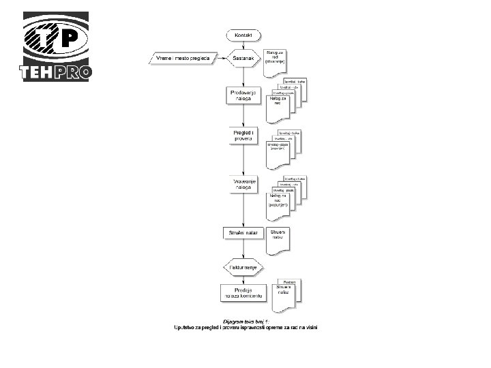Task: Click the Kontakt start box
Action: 243,35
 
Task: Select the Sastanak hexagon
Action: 243,59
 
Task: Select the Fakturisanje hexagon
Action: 243,268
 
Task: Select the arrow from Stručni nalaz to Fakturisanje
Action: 243,250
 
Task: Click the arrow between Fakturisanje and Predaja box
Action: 243,278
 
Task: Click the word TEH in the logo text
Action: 36,72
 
